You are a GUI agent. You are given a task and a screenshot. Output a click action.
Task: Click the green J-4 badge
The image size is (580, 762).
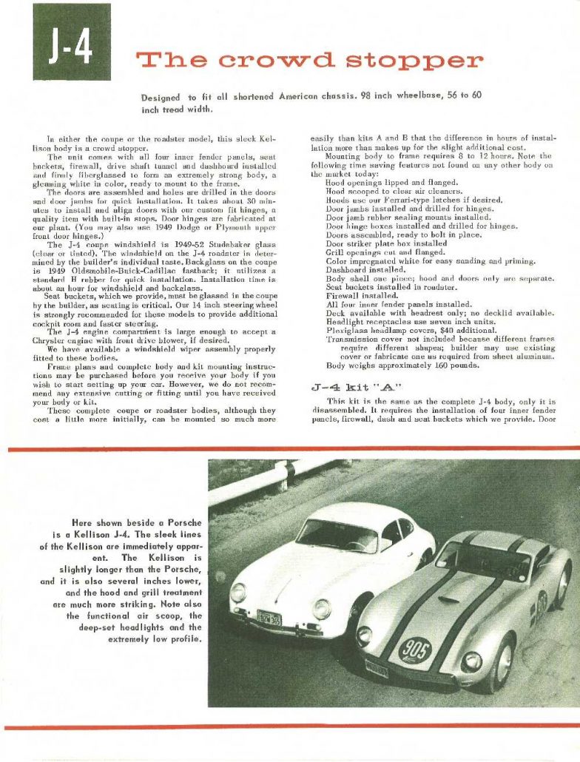click(71, 42)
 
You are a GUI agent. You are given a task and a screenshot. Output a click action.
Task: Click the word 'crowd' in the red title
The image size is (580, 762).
click(259, 59)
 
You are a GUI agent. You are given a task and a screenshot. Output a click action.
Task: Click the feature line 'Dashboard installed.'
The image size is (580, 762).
click(361, 270)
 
